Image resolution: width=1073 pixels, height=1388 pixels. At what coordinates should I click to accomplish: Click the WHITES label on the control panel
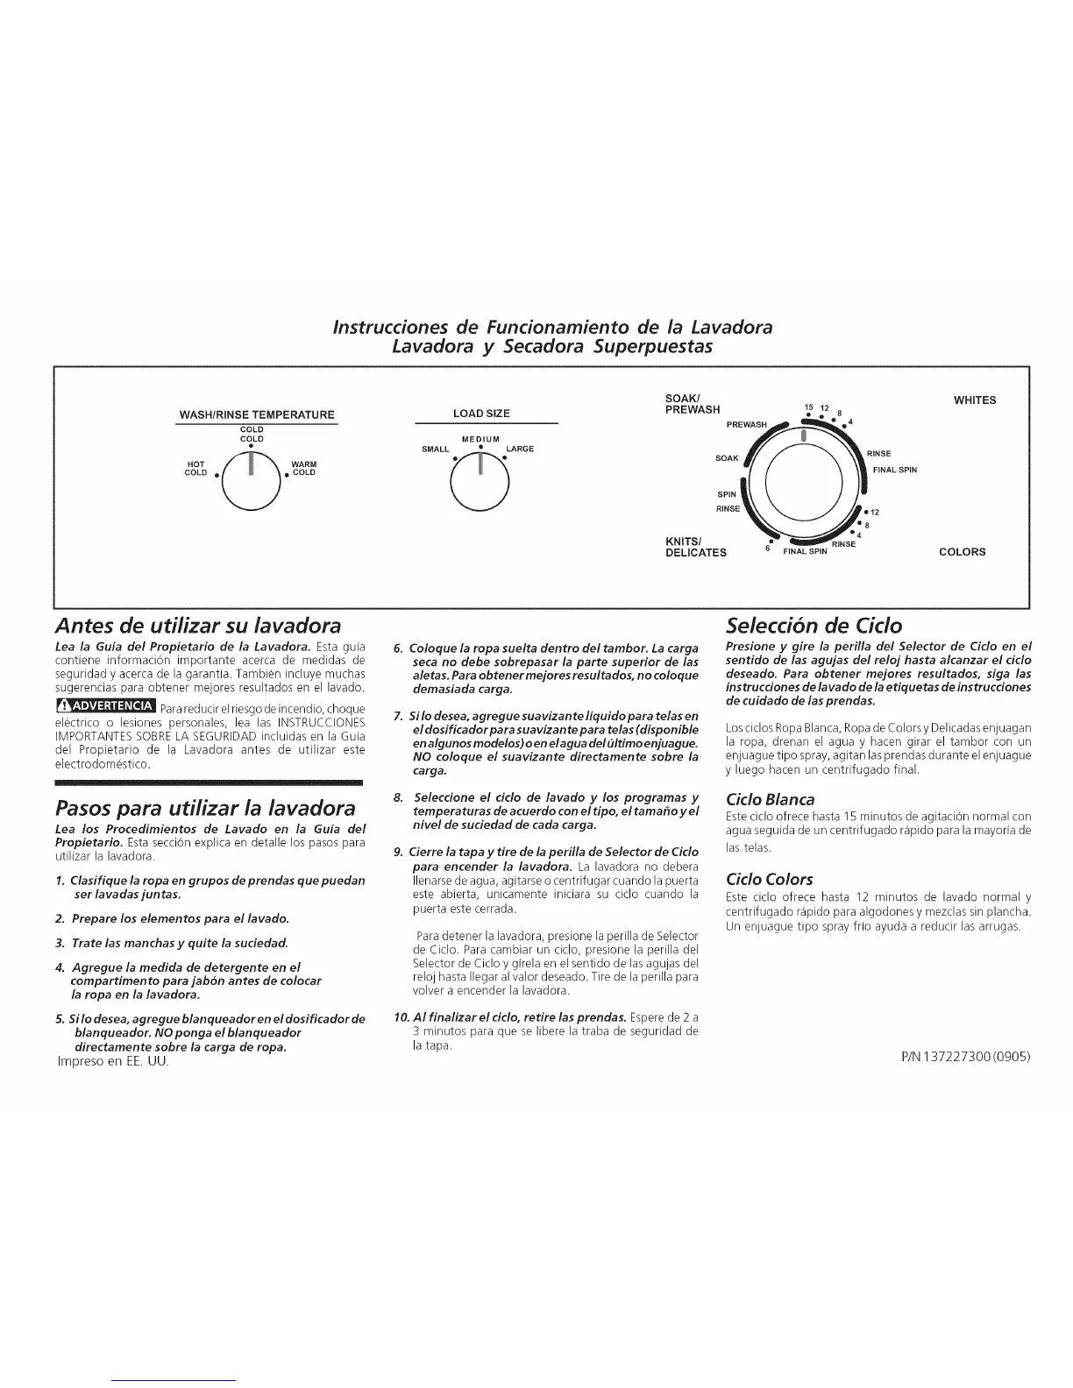click(x=975, y=400)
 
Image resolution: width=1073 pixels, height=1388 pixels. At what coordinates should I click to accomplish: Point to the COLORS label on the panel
click(x=962, y=552)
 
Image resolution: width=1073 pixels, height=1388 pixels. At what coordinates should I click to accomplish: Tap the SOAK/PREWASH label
click(x=693, y=404)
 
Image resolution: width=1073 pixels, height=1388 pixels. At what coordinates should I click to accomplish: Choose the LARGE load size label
click(x=520, y=449)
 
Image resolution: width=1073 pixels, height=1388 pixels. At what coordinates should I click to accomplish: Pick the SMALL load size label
click(x=436, y=449)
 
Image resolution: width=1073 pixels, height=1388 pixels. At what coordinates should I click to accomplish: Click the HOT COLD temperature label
click(x=196, y=468)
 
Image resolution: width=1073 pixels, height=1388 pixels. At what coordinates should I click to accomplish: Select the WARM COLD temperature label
click(x=304, y=468)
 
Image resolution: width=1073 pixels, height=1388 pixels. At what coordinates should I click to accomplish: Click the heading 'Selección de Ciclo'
click(x=814, y=626)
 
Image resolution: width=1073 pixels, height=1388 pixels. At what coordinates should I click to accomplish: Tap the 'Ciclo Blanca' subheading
click(x=771, y=799)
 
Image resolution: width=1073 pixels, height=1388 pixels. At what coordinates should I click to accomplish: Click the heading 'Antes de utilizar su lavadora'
click(x=197, y=626)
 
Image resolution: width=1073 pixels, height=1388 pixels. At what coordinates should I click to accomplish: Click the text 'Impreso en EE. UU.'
click(x=111, y=1061)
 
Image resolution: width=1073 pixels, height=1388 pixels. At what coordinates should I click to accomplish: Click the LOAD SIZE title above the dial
click(x=481, y=414)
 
